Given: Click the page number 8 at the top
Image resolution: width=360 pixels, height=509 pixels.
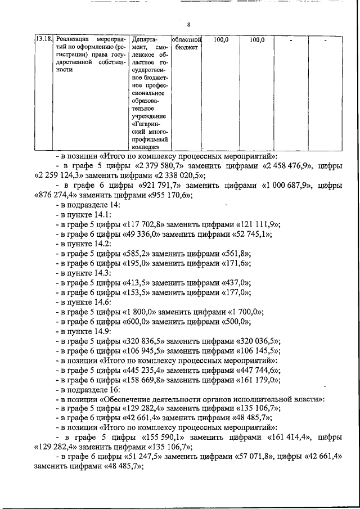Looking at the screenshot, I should pyautogui.click(x=189, y=25).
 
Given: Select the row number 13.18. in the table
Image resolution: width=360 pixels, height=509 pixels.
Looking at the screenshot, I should pyautogui.click(x=44, y=40).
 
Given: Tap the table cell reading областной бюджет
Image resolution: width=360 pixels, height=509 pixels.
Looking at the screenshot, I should pyautogui.click(x=186, y=44).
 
